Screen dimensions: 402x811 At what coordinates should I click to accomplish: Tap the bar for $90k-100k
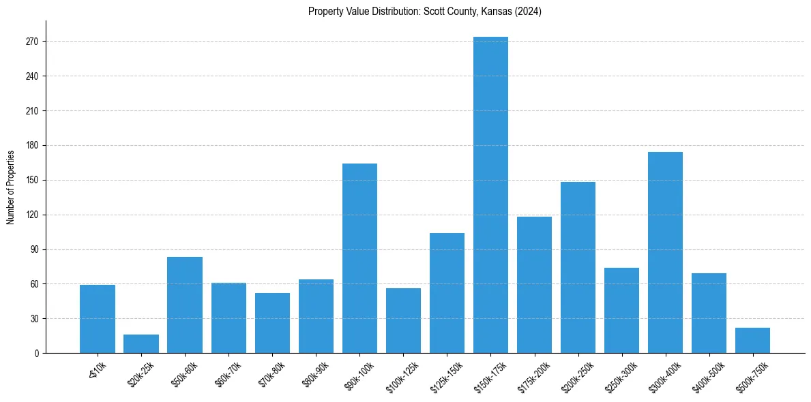point(359,258)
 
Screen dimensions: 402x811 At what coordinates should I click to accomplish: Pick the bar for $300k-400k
point(665,252)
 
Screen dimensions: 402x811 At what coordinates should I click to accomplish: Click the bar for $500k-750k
point(752,341)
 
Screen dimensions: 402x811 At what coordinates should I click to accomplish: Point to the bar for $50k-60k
point(185,305)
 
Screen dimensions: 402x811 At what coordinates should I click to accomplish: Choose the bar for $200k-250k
point(578,267)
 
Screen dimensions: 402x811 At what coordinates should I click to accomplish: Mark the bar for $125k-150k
point(447,293)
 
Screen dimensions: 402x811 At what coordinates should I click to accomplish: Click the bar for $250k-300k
point(621,310)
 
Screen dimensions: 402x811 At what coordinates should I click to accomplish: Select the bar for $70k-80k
point(272,323)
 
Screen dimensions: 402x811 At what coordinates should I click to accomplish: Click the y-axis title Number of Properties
point(10,187)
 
